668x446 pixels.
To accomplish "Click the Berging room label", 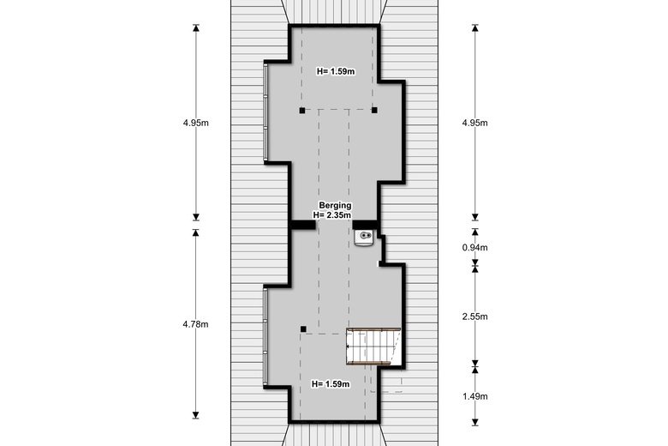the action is click(x=335, y=206).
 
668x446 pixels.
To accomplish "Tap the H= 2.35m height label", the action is click(x=332, y=215).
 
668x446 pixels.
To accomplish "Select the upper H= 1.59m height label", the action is click(x=336, y=72).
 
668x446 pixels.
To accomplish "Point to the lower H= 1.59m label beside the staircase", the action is click(x=331, y=384).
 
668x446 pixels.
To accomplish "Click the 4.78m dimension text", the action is click(x=195, y=324).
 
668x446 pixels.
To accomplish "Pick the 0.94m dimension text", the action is click(x=475, y=248).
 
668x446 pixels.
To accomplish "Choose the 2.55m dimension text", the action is click(x=475, y=316).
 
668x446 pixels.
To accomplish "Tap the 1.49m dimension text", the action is click(x=475, y=396).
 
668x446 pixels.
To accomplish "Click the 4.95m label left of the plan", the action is click(x=196, y=123).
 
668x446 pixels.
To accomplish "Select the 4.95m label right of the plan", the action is click(x=475, y=123).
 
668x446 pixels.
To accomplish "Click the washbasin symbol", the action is click(x=364, y=238).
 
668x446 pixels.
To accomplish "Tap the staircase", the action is click(x=374, y=347).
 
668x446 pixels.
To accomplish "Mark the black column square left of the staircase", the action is click(x=303, y=329).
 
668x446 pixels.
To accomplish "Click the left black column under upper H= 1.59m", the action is click(x=302, y=111).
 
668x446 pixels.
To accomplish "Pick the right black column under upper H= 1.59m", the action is click(x=374, y=110).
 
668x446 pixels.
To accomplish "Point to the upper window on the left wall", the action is click(x=265, y=112).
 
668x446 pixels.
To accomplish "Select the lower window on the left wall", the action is click(x=265, y=337).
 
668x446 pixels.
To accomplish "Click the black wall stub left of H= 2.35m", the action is click(x=303, y=225).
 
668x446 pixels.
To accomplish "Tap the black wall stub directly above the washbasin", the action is click(x=365, y=225).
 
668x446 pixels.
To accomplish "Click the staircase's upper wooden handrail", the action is click(x=374, y=330).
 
